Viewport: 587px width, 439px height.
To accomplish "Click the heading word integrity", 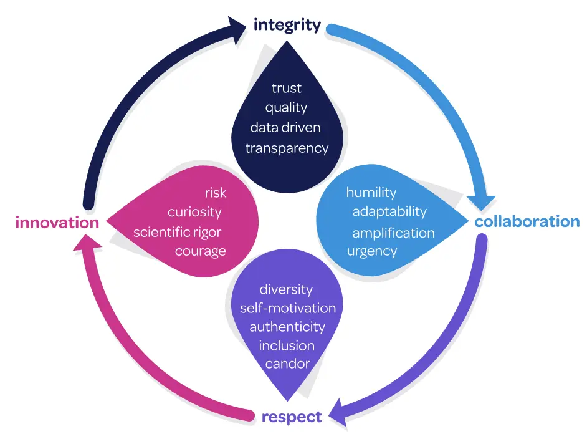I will pos(287,26).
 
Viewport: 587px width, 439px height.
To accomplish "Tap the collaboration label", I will pos(527,221).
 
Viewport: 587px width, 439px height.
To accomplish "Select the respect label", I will pos(292,417).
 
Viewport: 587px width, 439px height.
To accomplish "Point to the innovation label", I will pos(57,223).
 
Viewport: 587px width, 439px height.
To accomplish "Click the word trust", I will pos(287,88).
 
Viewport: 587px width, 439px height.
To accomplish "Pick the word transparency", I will pos(287,148).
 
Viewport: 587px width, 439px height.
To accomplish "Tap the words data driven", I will pos(285,128).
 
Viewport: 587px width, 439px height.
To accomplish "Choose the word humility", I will pos(371,192).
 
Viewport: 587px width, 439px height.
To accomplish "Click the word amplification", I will pos(393,233).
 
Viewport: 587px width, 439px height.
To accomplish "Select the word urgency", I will pos(372,251).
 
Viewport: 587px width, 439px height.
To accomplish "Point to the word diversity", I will pos(286,289).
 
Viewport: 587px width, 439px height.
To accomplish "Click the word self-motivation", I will pos(288,308).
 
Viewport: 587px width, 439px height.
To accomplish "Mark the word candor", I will pos(287,364).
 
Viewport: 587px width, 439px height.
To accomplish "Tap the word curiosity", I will pos(194,212).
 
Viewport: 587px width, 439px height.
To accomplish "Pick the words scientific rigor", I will pos(178,233).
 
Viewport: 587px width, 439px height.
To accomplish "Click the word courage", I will pos(200,251).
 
